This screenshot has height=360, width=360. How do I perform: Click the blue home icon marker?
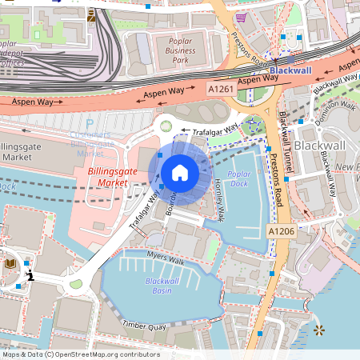(180, 172)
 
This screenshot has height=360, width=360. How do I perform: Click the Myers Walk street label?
(166, 257)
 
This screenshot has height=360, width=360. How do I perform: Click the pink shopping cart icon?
(241, 17)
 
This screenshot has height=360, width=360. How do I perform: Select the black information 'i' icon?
(30, 276)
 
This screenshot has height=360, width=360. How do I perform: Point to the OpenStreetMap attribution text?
(80, 354)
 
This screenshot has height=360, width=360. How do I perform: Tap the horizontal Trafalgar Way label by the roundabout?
(210, 129)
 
